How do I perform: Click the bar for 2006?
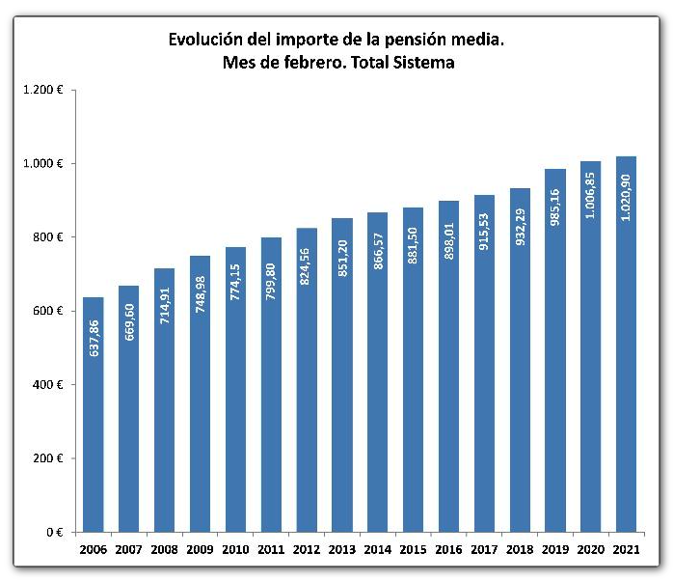93,415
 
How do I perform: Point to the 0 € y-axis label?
54,532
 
